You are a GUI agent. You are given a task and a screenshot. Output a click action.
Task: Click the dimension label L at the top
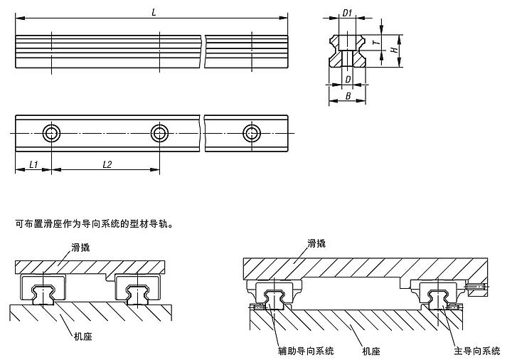[154, 11]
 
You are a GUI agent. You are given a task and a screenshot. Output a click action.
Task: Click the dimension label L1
[33, 164]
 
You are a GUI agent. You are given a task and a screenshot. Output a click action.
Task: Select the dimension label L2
[107, 164]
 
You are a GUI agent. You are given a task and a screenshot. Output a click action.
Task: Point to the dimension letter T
[383, 43]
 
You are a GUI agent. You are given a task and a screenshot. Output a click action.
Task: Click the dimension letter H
[394, 50]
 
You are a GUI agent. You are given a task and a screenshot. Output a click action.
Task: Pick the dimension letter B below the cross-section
[347, 95]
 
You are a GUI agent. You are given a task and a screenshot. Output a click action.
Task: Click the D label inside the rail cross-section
[348, 79]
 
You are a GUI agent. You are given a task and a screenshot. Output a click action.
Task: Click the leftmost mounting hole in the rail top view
[51, 133]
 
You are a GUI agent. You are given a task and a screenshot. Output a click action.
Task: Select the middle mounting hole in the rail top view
[159, 133]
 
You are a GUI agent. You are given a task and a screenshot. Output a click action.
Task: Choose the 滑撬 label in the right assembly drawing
[316, 243]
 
